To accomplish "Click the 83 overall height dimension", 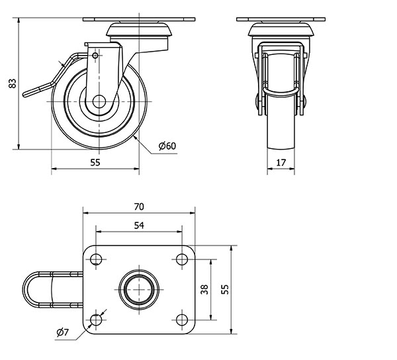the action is click(x=13, y=83).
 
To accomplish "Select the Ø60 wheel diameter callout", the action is click(x=167, y=146).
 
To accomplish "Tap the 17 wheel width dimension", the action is click(x=281, y=162).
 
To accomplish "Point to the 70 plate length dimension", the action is click(x=139, y=206).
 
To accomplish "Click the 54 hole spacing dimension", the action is click(x=139, y=225).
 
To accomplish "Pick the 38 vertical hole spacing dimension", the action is click(x=204, y=289).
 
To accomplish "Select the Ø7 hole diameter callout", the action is click(x=63, y=332).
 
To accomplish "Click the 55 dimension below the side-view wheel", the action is click(x=95, y=162).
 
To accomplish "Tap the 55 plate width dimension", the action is click(x=224, y=289).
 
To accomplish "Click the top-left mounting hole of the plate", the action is click(x=96, y=259).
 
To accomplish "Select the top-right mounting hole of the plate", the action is click(x=182, y=259).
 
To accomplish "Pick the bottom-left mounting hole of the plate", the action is click(x=96, y=320).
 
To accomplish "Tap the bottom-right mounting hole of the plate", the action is click(x=182, y=320).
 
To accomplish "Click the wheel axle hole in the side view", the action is click(x=99, y=101).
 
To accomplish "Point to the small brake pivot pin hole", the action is click(x=95, y=56).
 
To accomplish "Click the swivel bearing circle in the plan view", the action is click(x=139, y=289).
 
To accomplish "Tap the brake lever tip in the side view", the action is click(x=25, y=95).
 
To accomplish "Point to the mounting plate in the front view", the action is click(x=281, y=19).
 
